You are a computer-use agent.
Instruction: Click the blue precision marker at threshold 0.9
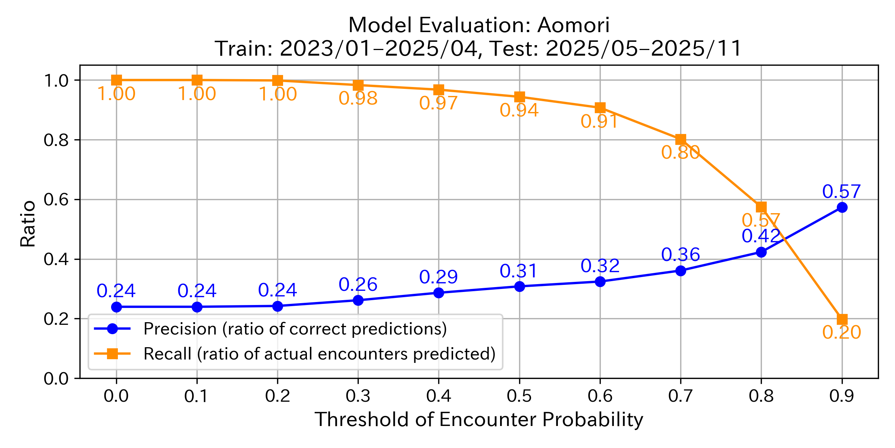pos(842,207)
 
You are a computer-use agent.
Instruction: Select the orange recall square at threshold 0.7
pos(681,140)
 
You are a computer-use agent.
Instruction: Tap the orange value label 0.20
pos(841,332)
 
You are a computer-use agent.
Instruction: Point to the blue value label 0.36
pos(680,255)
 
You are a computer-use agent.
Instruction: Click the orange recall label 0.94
pos(519,110)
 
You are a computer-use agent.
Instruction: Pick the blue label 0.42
pos(761,236)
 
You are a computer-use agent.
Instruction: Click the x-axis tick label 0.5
pos(519,396)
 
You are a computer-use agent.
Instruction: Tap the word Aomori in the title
pos(573,25)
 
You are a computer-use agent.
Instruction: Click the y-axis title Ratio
pos(28,224)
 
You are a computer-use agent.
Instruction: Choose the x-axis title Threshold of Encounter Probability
pos(479,420)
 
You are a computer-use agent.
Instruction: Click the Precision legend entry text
pos(295,329)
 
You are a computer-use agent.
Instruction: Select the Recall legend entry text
pos(319,354)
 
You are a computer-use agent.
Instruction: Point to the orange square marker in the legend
pos(112,354)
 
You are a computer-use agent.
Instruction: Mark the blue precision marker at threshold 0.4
pos(439,293)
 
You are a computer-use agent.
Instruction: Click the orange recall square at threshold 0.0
pos(116,80)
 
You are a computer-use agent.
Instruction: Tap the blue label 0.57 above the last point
pos(841,192)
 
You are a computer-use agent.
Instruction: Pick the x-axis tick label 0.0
pos(116,396)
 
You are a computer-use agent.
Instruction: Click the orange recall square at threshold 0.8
pos(761,207)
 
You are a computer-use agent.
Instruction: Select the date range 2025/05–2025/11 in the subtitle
pos(643,49)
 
